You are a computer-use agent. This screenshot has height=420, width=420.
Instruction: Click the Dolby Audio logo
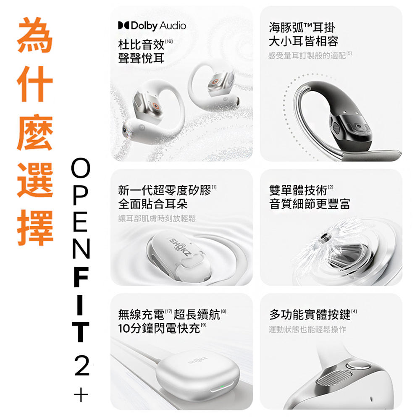(152, 26)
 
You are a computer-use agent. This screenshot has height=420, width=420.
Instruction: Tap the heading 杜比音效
(141, 45)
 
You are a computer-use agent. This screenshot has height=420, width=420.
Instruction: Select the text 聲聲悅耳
(141, 58)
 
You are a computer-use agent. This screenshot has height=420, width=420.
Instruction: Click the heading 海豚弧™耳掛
(302, 28)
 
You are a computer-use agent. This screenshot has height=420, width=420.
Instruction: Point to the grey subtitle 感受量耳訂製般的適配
(307, 56)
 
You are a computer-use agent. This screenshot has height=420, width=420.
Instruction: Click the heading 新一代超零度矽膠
(165, 190)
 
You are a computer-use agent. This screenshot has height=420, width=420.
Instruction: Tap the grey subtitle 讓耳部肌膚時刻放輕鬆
(157, 218)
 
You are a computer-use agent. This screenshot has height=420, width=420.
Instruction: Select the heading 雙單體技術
(298, 190)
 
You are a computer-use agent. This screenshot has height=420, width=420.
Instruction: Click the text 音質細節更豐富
(310, 204)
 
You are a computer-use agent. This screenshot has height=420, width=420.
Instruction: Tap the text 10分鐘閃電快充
(159, 328)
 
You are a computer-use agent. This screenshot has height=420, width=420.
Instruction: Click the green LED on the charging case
(222, 386)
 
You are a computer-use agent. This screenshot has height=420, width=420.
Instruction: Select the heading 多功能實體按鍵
(310, 315)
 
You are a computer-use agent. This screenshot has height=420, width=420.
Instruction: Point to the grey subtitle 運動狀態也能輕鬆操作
(307, 329)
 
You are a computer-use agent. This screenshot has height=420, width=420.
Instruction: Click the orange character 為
(35, 35)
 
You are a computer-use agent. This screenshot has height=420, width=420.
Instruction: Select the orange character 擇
(35, 228)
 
